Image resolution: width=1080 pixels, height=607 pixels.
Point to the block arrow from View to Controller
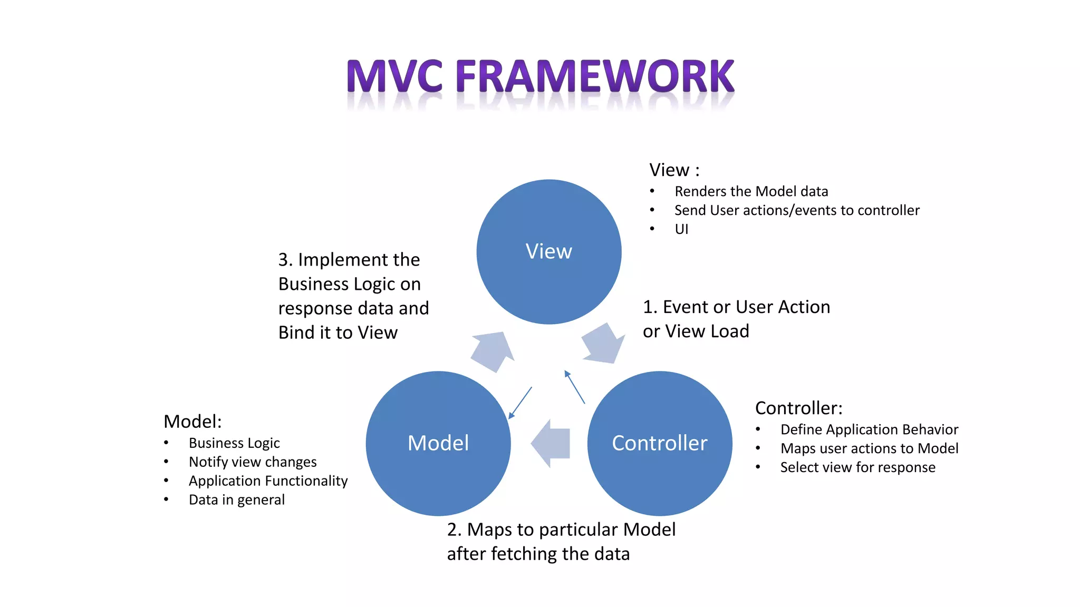click(604, 344)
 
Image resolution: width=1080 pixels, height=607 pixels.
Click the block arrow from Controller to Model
click(551, 443)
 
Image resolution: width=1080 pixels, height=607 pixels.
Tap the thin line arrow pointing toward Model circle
click(520, 403)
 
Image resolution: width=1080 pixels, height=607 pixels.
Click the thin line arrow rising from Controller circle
click(574, 387)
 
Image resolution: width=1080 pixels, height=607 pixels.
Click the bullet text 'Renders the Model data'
click(751, 191)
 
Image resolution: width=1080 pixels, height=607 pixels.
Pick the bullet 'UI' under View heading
click(681, 229)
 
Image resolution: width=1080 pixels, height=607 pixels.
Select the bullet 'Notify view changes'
click(253, 462)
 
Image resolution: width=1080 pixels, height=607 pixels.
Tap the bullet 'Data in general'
click(236, 500)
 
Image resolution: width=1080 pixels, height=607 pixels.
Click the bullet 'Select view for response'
click(857, 467)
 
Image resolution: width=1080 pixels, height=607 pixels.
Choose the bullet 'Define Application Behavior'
click(869, 429)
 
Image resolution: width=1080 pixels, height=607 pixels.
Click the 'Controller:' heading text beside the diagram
click(798, 408)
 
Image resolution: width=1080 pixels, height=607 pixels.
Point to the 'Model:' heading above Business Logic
click(192, 422)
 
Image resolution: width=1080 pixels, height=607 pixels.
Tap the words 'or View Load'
click(696, 331)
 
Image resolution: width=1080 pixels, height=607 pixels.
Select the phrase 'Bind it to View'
click(337, 332)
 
